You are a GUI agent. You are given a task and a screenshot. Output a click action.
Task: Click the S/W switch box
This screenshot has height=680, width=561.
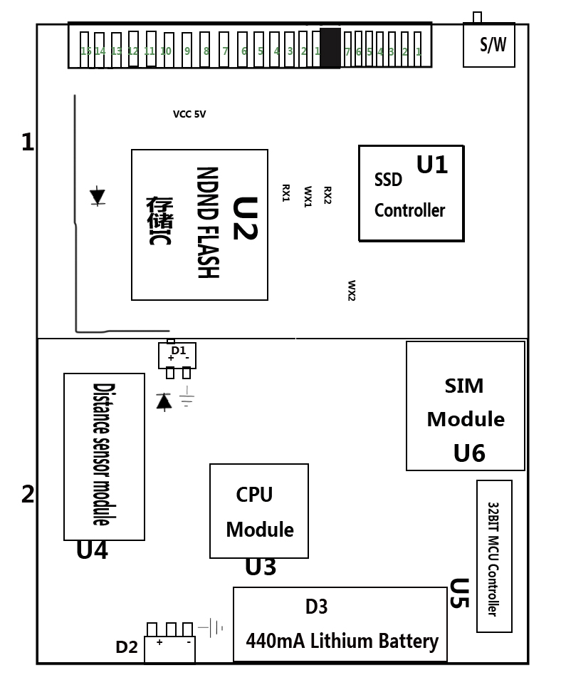click(x=489, y=45)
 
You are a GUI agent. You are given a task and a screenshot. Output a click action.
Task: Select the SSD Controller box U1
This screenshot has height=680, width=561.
click(x=411, y=194)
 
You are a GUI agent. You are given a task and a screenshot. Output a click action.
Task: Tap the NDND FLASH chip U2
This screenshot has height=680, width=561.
click(x=199, y=225)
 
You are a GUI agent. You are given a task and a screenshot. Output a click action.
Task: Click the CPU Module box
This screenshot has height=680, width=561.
click(x=259, y=511)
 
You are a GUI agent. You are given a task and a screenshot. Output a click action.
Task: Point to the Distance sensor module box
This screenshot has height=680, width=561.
click(x=104, y=456)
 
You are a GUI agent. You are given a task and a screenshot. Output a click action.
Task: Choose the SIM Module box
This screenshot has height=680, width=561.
click(x=466, y=406)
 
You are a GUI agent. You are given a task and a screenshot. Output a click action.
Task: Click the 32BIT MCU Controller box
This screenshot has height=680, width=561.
click(x=494, y=556)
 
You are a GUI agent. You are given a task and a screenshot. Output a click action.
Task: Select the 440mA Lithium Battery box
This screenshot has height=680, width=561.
click(x=340, y=624)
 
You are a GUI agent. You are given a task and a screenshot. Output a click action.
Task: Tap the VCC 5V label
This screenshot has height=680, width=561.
click(x=189, y=114)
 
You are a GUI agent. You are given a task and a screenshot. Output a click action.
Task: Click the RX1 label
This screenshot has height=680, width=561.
click(x=286, y=193)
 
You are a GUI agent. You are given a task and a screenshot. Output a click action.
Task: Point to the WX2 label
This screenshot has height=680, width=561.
click(x=352, y=290)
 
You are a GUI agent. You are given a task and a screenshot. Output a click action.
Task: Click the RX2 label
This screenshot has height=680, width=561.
click(x=327, y=195)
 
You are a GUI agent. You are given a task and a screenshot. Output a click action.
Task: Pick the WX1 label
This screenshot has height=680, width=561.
click(x=308, y=196)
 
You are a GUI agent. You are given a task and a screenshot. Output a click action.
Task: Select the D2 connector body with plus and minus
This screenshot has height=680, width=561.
click(x=169, y=649)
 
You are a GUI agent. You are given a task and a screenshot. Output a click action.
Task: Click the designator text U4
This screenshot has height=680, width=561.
click(x=92, y=550)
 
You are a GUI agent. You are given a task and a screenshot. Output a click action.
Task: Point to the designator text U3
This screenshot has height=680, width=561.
click(x=261, y=567)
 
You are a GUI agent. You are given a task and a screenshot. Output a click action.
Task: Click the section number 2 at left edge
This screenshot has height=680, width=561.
click(x=28, y=494)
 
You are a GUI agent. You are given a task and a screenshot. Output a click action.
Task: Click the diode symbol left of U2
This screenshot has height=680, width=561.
click(x=98, y=196)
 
